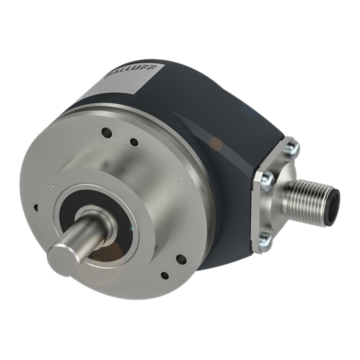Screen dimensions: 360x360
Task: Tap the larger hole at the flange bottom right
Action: pos(181,258)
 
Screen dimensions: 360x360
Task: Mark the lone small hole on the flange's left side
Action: pos(36,207)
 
